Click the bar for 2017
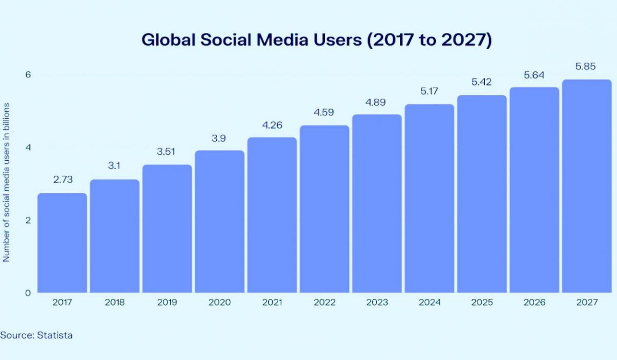tap(62, 243)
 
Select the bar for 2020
tap(220, 221)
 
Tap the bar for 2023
tap(377, 204)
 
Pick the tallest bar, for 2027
tap(587, 186)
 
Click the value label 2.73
tap(62, 179)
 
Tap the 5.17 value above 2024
tap(429, 91)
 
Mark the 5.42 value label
tap(482, 82)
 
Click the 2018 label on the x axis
tap(115, 303)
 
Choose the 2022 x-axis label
tap(324, 303)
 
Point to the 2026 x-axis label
tap(534, 303)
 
